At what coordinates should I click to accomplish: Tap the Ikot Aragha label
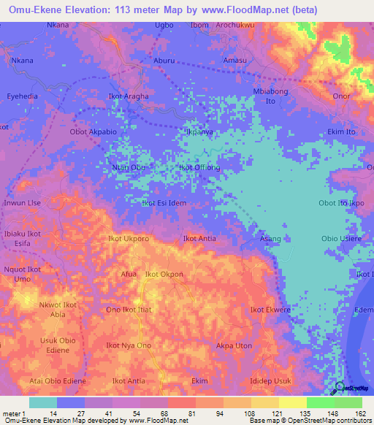[128, 96]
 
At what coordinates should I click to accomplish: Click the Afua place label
[129, 274]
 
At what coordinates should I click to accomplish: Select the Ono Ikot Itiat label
[129, 310]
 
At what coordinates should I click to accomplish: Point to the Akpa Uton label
[234, 345]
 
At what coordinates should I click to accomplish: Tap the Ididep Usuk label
[270, 381]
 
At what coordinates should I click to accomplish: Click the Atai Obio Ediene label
[58, 381]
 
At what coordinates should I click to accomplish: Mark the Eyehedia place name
[22, 96]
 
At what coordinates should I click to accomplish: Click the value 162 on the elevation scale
[359, 413]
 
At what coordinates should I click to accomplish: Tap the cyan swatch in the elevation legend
[43, 402]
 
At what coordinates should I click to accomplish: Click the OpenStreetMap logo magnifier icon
[339, 387]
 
